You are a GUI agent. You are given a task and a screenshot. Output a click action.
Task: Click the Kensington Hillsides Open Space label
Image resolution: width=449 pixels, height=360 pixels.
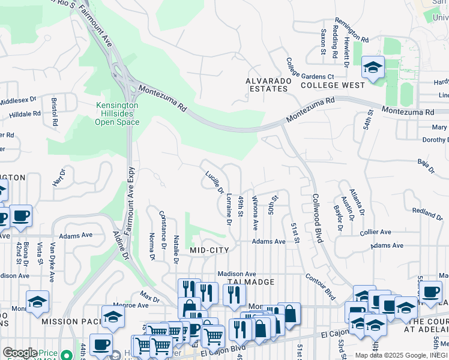tap(117, 113)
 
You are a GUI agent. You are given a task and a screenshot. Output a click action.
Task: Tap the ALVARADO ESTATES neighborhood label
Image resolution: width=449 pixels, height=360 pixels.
tap(267, 85)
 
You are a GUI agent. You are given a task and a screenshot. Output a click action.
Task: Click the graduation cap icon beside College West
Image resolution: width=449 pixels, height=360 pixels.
tap(373, 67)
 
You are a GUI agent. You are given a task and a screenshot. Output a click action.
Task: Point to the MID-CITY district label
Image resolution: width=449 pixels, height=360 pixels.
tap(210, 250)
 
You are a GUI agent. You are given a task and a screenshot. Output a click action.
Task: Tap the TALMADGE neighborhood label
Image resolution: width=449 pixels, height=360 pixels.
tap(251, 281)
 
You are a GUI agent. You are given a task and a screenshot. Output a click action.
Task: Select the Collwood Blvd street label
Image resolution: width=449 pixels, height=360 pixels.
tap(316, 217)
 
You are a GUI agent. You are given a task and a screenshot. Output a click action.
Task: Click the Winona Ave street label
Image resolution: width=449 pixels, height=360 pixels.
tap(256, 212)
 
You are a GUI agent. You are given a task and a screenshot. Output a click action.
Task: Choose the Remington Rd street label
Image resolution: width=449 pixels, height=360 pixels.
tap(351, 28)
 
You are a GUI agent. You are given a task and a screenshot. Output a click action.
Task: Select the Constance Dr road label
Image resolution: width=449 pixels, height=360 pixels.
tap(162, 228)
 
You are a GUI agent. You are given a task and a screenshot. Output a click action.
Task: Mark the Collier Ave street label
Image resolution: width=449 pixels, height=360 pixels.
tap(375, 232)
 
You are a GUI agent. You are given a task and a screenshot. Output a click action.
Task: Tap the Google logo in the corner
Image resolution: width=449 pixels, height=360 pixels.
tap(20, 353)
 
